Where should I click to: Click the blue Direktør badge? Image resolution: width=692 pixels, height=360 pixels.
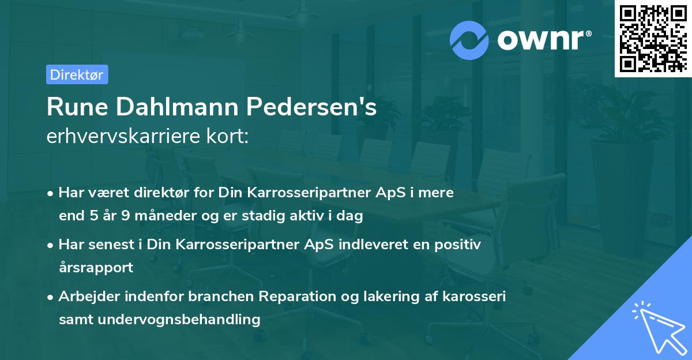[77, 74]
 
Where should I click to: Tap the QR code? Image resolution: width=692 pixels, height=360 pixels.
[652, 39]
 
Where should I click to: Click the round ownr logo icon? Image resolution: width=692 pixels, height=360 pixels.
[469, 40]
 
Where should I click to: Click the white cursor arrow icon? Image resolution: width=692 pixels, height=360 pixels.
[657, 325]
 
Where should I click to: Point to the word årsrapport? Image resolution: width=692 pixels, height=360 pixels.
[96, 267]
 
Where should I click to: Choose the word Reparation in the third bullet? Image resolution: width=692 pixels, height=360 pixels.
[293, 297]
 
